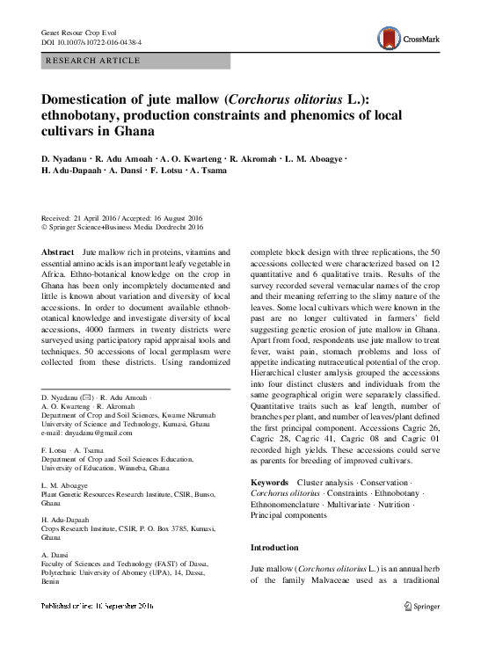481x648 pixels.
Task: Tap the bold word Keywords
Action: (269, 484)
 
